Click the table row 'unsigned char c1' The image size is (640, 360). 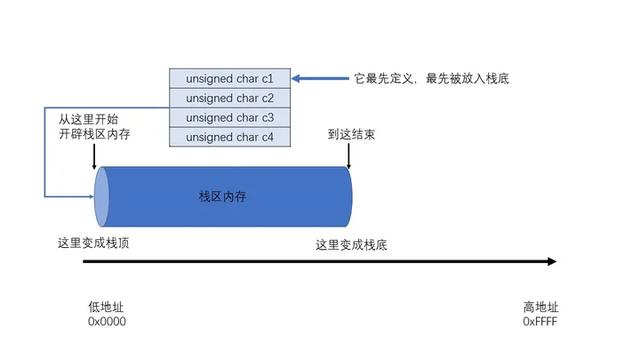(230, 78)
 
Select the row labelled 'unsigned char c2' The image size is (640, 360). (230, 98)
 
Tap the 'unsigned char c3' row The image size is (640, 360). (230, 117)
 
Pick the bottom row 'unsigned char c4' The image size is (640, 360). (230, 137)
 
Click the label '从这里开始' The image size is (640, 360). (88, 118)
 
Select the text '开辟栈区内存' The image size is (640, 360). (94, 135)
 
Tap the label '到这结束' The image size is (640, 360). (353, 134)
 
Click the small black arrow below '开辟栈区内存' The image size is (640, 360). (93, 158)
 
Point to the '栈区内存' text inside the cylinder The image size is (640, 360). (222, 197)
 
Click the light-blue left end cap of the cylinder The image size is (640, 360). (101, 197)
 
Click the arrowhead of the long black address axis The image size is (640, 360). (551, 263)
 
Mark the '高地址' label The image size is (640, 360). (540, 307)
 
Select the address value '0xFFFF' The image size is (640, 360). (540, 322)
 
